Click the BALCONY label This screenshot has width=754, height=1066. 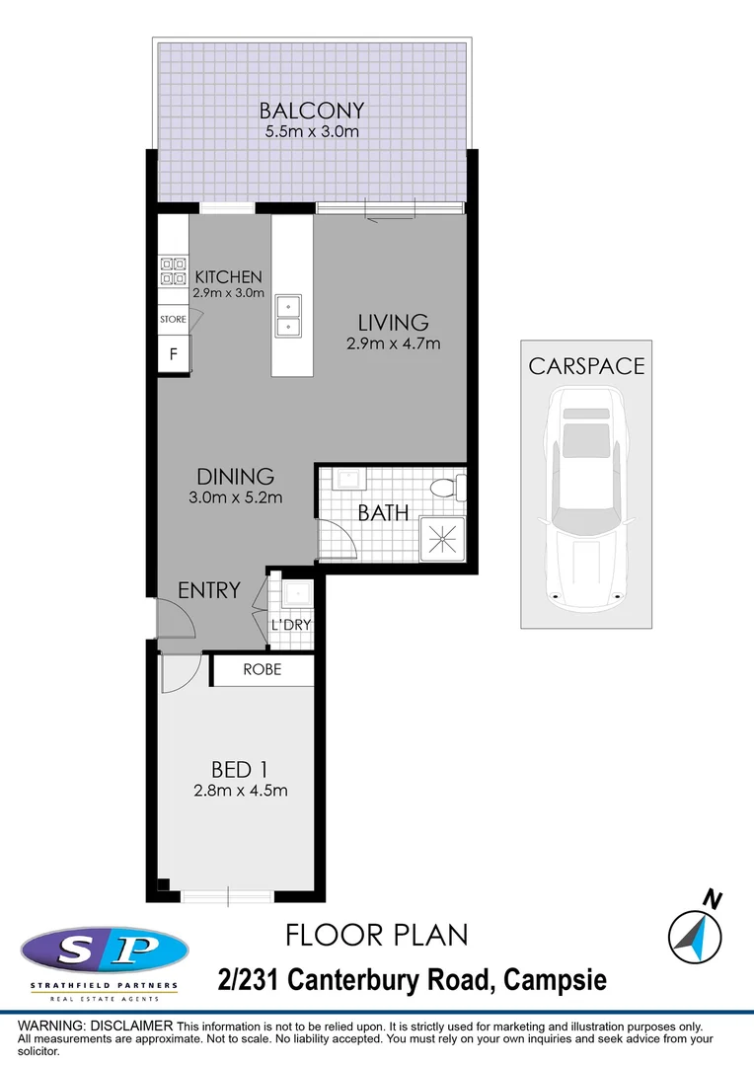312,111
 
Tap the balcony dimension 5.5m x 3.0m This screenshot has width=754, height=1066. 312,131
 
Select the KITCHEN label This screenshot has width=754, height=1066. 228,277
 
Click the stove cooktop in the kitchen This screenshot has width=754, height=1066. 174,270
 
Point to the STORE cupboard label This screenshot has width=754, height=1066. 173,320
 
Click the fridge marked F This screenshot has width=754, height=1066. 174,354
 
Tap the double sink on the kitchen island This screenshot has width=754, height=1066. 288,315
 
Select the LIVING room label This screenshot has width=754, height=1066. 393,323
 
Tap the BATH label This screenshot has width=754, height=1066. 382,513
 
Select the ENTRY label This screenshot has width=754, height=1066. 208,590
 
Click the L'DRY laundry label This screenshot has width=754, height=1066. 291,625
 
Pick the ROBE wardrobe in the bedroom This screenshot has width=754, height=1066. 263,669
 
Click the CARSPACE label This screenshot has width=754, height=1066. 586,366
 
